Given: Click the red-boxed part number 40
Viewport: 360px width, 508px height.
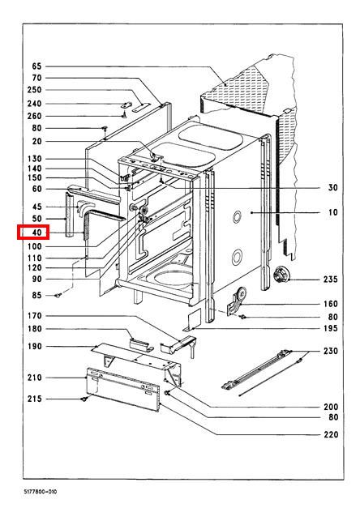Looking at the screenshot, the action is (x=37, y=233).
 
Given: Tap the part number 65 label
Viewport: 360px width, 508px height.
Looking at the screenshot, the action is (x=36, y=66).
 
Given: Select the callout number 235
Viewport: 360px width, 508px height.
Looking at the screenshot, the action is (x=331, y=280).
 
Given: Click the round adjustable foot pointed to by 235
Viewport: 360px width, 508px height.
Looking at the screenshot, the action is (x=281, y=275).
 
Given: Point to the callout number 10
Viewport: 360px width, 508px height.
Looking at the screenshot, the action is (x=333, y=212).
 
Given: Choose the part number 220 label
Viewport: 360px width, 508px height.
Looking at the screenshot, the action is (x=331, y=434).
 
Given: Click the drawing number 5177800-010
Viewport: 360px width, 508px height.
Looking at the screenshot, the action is (x=41, y=492).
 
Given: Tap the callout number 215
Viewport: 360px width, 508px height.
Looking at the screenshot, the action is (x=35, y=399).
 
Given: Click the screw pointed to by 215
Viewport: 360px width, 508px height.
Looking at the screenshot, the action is (x=84, y=399).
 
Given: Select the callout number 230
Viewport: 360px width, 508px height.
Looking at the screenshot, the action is (x=331, y=351).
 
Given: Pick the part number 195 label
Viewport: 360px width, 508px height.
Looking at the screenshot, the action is (x=331, y=328).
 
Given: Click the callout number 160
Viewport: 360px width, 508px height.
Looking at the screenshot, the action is (x=331, y=304).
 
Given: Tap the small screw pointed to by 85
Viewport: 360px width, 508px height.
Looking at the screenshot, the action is (x=58, y=295).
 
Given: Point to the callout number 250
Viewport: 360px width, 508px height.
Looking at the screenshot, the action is (x=34, y=90).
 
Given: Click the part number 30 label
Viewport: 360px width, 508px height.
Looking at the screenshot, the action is (x=333, y=188).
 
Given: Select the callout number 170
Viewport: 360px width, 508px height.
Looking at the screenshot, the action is (x=35, y=315).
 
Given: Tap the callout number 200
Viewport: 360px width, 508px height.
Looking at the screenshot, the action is (x=331, y=407).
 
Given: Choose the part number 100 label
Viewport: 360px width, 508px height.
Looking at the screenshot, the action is (x=35, y=246).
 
